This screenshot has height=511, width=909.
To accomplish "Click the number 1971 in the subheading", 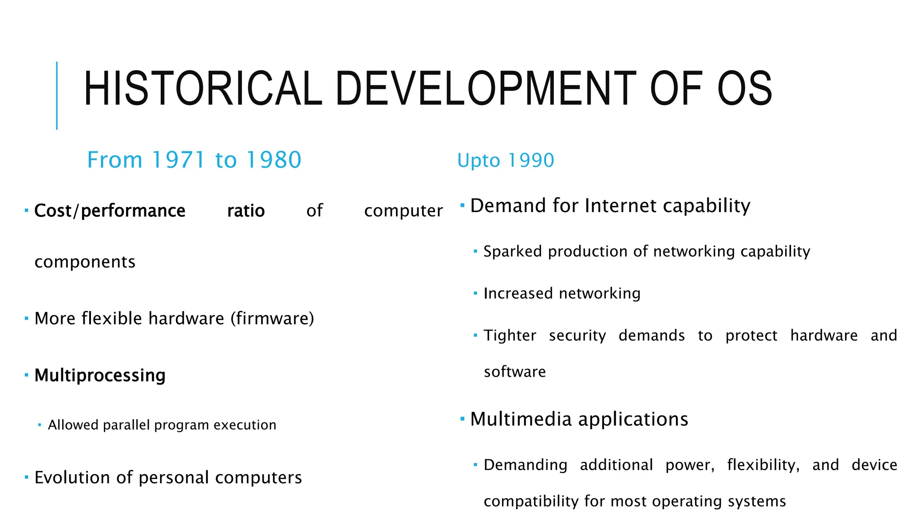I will tap(178, 160).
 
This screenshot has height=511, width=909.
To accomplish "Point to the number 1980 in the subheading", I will tap(274, 160).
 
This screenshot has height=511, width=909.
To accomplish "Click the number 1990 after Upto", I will tap(531, 160).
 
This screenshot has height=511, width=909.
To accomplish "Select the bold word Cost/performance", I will tap(110, 211).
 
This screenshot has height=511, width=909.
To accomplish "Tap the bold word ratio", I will tap(246, 211).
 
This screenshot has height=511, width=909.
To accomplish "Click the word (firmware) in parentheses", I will tap(272, 318).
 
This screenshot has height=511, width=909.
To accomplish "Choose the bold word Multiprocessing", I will tap(100, 375).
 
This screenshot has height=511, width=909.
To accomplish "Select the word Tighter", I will tap(510, 335).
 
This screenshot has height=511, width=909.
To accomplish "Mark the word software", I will tap(515, 372).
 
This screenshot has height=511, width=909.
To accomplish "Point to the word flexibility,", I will tap(763, 465).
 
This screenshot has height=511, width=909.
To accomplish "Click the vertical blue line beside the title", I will tap(57, 95).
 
